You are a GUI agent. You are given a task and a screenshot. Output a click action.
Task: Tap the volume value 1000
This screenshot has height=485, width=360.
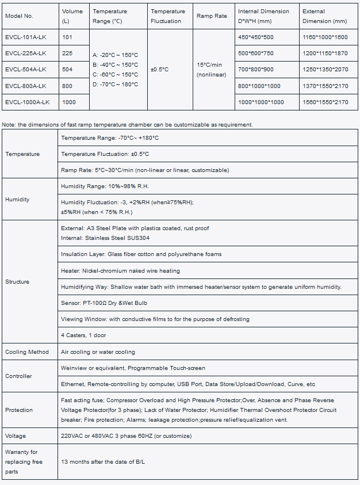point(69,102)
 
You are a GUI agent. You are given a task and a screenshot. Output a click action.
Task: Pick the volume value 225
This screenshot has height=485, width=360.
point(67,54)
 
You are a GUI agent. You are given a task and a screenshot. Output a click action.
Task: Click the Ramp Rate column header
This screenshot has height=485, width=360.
point(212,16)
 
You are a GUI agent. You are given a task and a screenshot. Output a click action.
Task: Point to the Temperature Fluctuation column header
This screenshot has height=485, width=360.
point(168,16)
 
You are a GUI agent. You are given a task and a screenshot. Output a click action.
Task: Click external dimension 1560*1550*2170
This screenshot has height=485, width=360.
point(325,102)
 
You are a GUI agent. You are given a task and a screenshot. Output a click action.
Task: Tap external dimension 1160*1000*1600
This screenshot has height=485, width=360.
point(325,37)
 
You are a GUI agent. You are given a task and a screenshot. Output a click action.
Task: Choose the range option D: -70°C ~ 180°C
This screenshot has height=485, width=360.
point(115,85)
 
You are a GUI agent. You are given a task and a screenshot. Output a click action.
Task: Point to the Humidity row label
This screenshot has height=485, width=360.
point(17,200)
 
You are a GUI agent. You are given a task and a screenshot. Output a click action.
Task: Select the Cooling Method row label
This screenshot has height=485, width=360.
point(27,352)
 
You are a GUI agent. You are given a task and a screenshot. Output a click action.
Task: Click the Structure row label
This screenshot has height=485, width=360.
point(17,282)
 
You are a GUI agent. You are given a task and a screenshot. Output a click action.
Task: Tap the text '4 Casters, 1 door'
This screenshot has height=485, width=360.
point(83,335)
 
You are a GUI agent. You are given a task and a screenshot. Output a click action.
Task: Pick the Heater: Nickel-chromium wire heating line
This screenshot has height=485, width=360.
point(120,270)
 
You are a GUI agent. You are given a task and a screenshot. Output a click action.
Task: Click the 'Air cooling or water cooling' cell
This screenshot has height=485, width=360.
point(98,352)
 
